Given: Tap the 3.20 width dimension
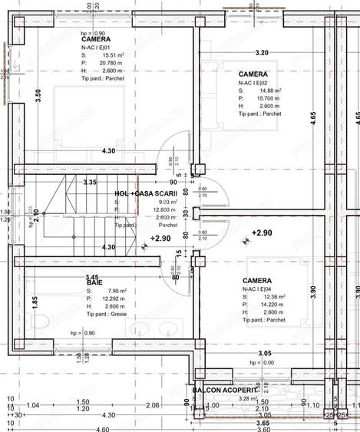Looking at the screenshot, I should coord(261,53).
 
